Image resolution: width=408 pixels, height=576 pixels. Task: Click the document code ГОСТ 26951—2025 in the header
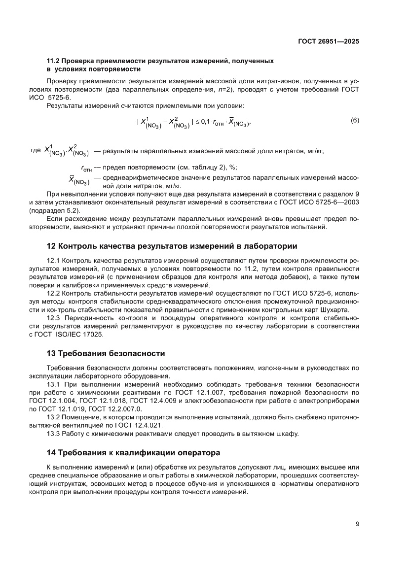pos(329,42)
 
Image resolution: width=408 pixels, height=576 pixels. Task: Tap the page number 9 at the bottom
pos(357,524)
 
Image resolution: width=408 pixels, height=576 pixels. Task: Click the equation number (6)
pos(354,120)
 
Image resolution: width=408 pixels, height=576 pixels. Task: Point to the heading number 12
pos(51,246)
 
